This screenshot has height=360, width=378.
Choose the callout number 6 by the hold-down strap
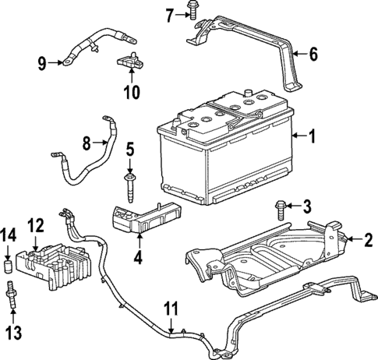click(x=313, y=55)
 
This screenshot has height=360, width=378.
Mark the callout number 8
click(x=87, y=143)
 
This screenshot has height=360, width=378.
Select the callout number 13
click(x=12, y=334)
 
